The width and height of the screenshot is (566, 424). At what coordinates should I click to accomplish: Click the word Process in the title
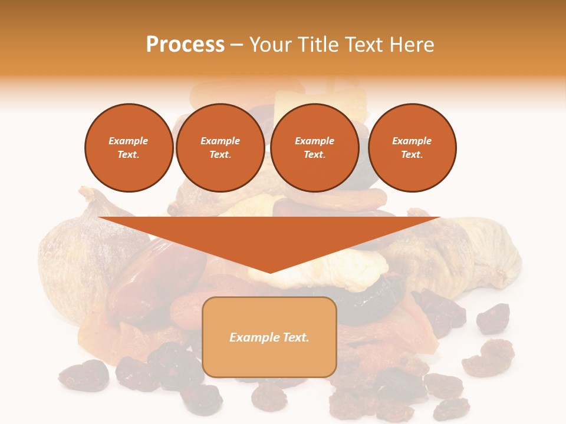[x=185, y=45]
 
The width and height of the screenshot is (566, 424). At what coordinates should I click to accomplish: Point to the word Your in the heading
[x=272, y=45]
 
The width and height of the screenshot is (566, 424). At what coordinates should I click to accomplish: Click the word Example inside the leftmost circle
[x=129, y=141]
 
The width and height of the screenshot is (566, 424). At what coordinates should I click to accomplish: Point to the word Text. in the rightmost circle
[x=412, y=154]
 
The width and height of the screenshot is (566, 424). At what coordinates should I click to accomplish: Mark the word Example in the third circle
[x=315, y=141]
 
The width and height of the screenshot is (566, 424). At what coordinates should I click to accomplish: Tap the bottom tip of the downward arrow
[x=270, y=271]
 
